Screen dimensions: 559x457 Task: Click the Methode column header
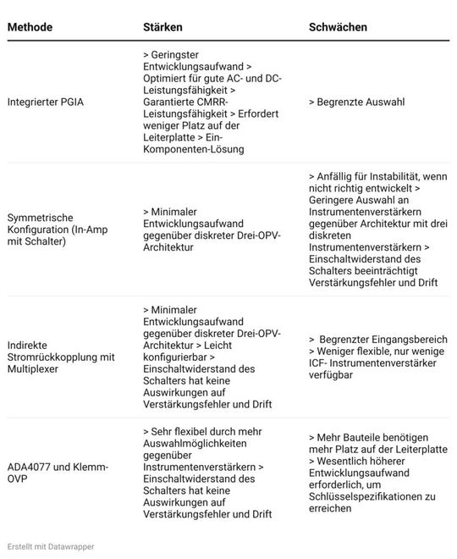pyautogui.click(x=30, y=27)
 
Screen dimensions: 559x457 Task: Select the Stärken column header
pyautogui.click(x=162, y=27)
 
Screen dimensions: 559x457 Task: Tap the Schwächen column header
pyautogui.click(x=338, y=27)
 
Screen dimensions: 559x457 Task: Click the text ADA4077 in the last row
pyautogui.click(x=30, y=467)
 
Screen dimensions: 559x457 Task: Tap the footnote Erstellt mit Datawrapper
pyautogui.click(x=51, y=546)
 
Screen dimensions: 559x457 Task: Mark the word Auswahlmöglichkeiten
pyautogui.click(x=198, y=454)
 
